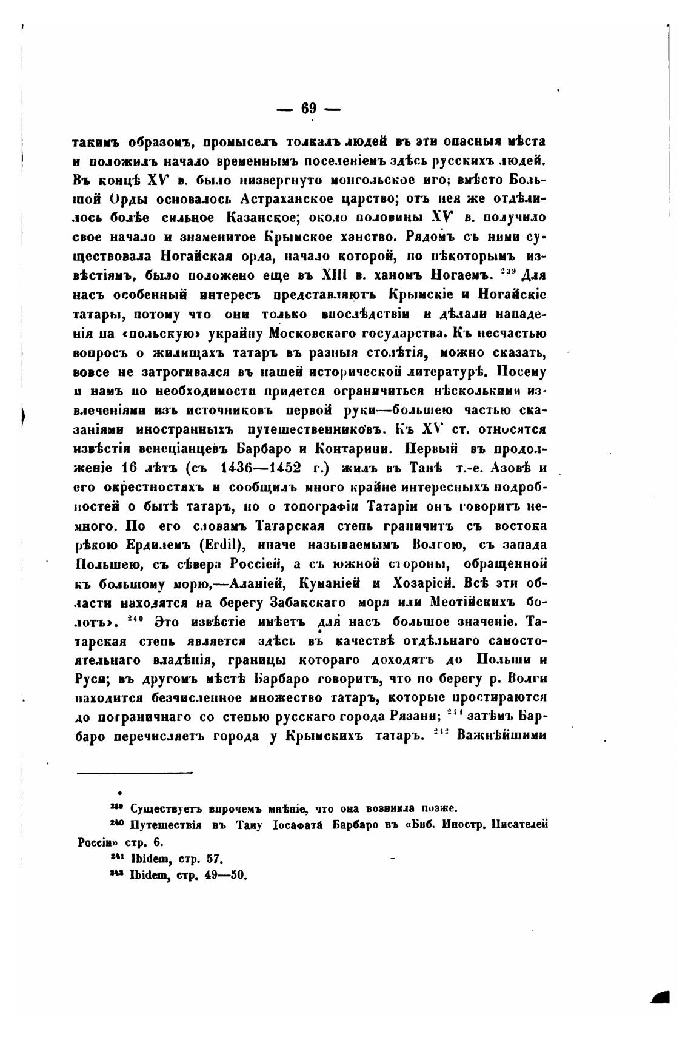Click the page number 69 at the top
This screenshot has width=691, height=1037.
click(x=309, y=109)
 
